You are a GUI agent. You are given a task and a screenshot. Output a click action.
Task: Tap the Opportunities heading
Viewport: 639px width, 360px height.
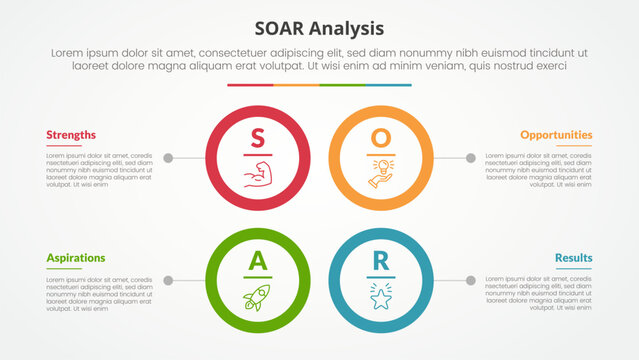[555, 134]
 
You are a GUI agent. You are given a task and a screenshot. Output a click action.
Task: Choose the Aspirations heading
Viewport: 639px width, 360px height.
[75, 257]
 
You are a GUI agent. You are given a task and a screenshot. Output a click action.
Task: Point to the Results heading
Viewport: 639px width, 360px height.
[574, 257]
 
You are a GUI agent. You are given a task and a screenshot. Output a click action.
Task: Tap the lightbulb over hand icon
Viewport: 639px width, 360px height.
[381, 172]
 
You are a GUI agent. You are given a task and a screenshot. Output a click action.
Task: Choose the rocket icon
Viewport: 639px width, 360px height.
[257, 296]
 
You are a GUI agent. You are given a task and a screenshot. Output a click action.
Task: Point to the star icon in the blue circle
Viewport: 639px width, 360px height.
[381, 296]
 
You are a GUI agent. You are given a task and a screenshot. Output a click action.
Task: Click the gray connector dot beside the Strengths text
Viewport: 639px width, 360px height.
[168, 158]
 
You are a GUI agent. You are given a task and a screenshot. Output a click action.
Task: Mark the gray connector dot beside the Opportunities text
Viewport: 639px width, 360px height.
[470, 158]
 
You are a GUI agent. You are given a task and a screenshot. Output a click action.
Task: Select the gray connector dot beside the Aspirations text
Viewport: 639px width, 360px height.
[168, 280]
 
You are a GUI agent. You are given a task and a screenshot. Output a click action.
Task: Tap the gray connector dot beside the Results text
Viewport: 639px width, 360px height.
[470, 280]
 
